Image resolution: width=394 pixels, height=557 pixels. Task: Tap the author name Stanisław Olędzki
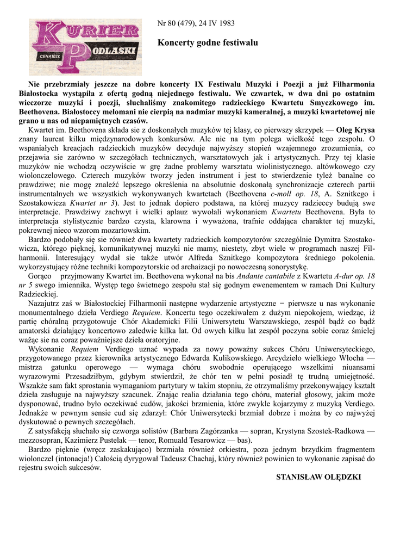point(318,477)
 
